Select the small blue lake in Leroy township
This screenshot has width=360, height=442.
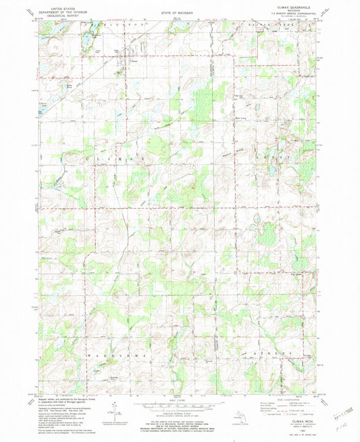[257, 106]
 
